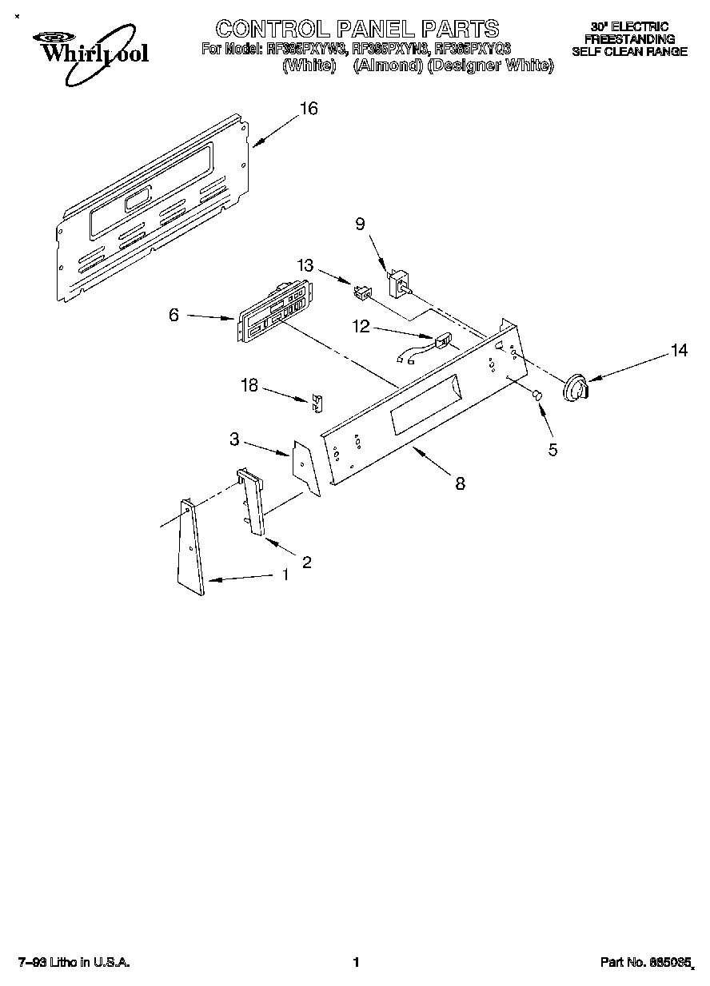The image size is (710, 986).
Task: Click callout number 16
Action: pos(309,109)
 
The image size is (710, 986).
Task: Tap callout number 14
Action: pos(679,350)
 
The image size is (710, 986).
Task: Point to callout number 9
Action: pos(360,225)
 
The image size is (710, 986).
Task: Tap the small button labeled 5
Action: pos(537,396)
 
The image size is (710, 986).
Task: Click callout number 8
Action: pos(460,483)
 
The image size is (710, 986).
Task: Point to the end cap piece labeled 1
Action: pos(191,548)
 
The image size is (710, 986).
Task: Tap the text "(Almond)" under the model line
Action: pos(388,66)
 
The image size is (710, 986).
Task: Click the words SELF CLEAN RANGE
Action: pos(629,51)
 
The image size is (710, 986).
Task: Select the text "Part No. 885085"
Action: pos(646,963)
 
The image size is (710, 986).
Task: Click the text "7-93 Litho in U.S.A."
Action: pos(74,963)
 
